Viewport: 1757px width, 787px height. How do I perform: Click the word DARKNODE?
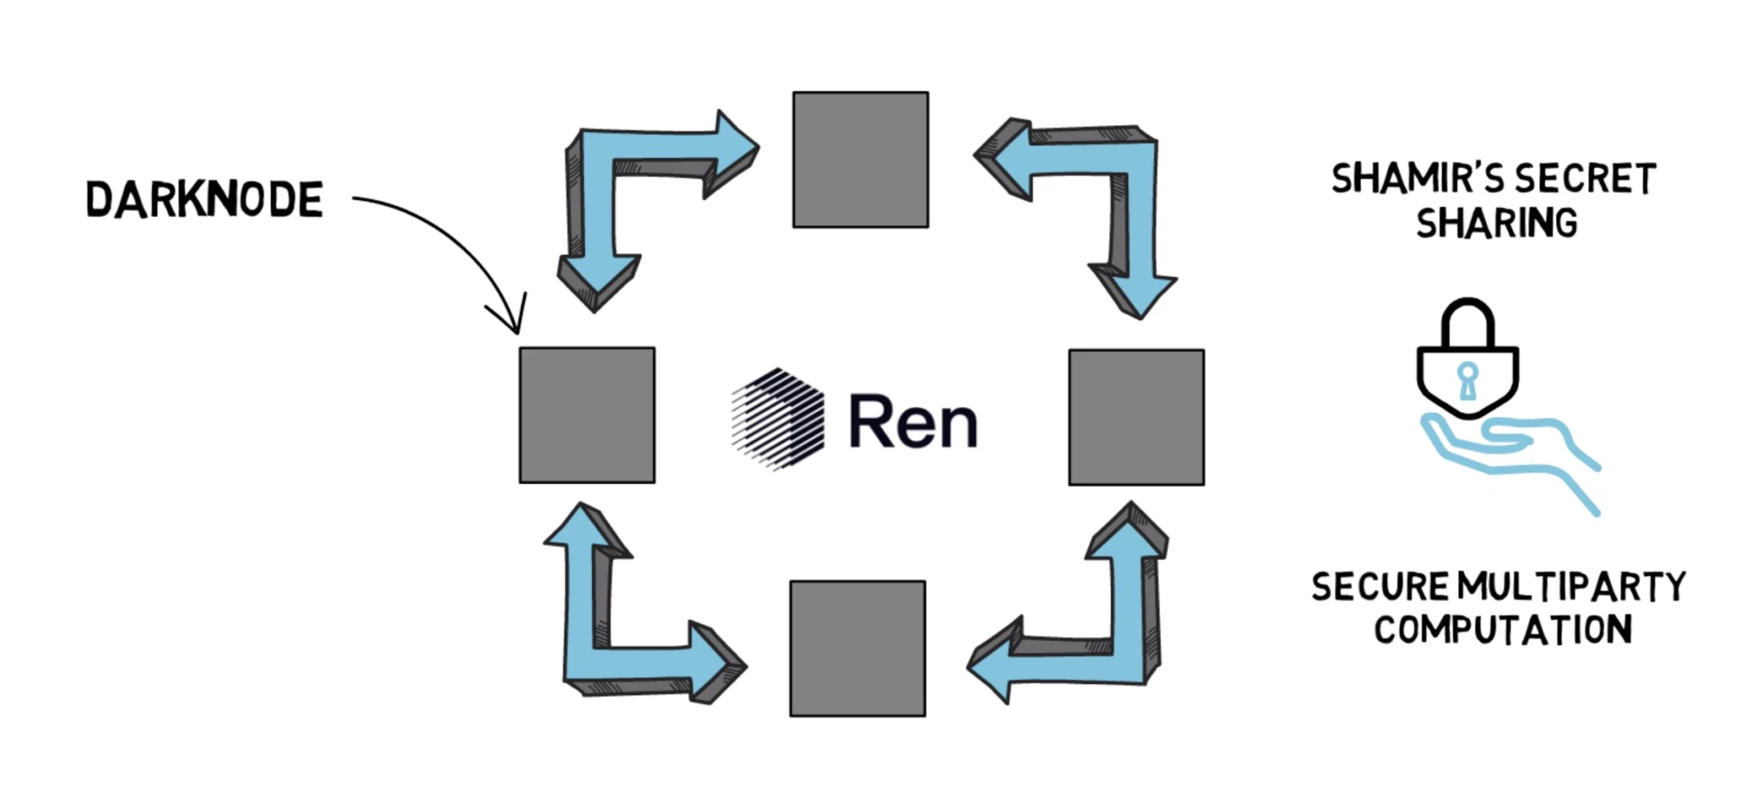[x=204, y=199]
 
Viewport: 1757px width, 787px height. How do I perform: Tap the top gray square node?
[x=860, y=160]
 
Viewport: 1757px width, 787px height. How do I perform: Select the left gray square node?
[x=587, y=415]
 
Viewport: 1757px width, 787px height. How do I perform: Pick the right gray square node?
[x=1136, y=417]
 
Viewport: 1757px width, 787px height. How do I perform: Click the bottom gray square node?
[x=857, y=648]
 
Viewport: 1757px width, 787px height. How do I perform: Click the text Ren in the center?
[x=913, y=421]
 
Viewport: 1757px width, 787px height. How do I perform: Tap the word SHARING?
[x=1496, y=223]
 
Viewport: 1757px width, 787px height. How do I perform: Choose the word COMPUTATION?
[x=1502, y=630]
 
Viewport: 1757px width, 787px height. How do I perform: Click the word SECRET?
[x=1585, y=179]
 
